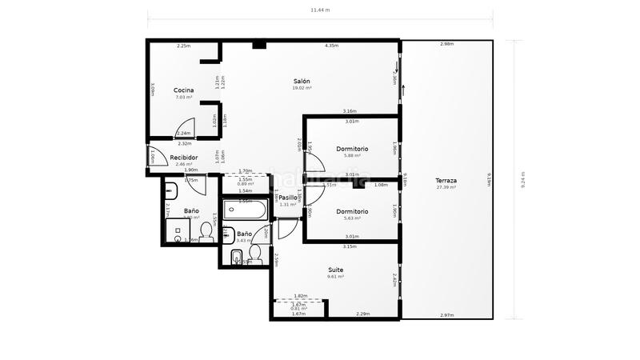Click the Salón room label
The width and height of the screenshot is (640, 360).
(301, 82)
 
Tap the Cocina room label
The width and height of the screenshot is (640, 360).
(183, 90)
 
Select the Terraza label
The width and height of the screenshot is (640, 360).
(446, 181)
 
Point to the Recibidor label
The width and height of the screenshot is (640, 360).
(183, 158)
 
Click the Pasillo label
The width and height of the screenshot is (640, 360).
(288, 197)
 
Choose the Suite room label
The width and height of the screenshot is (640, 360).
(336, 270)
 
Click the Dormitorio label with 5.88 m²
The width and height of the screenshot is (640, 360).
(352, 149)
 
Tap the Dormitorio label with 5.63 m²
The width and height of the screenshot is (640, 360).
(352, 211)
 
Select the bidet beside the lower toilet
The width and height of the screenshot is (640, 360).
(237, 257)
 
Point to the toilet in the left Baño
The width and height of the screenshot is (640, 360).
(206, 233)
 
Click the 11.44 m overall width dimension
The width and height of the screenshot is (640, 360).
(320, 10)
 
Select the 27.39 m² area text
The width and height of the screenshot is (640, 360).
(446, 188)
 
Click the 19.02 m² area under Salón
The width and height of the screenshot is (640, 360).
(301, 89)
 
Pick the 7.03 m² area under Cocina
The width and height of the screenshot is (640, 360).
(183, 98)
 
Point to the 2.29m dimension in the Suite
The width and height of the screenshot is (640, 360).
(362, 314)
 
